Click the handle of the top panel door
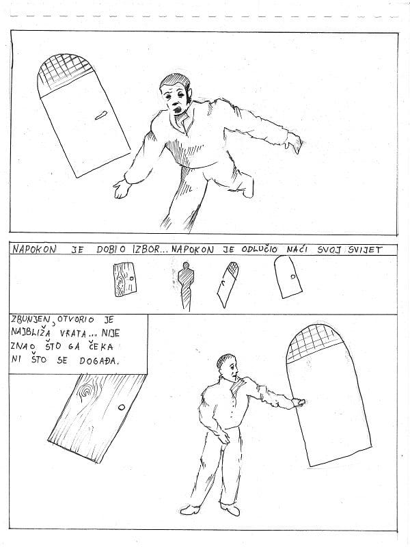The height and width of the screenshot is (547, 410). pos(101,115)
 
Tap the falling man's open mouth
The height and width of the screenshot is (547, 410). pos(178,110)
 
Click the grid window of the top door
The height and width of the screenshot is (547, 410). pos(64,74)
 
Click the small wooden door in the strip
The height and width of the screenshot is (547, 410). pos(124,280)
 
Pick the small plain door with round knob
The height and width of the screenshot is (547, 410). pos(288,277)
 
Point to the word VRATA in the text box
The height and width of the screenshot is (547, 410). pos(73,333)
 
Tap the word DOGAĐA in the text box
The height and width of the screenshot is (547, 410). pos(99,360)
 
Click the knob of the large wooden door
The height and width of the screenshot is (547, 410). pos(122,407)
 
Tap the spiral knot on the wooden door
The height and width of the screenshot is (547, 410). pos(85,390)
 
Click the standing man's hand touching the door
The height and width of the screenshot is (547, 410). pos(299,403)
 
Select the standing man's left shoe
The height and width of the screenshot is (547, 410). pos(190,509)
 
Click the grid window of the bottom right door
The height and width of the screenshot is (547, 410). pos(314,343)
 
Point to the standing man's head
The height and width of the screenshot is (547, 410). pos(228,366)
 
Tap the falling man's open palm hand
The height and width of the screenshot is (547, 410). pos(121,189)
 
